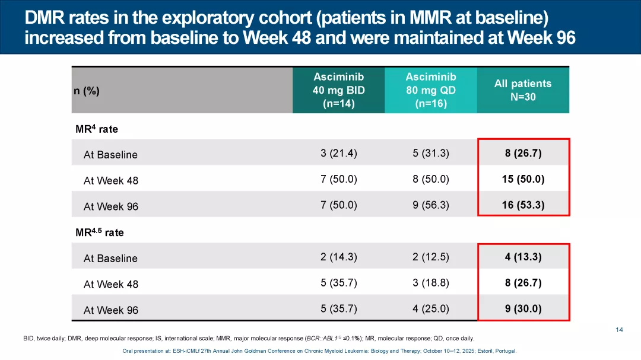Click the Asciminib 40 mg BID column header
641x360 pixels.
[338, 90]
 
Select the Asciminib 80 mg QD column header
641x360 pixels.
[430, 90]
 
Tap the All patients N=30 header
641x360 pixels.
[522, 90]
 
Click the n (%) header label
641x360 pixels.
[87, 91]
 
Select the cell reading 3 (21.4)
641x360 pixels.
[338, 154]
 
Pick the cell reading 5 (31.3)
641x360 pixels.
[430, 154]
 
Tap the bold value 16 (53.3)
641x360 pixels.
[522, 205]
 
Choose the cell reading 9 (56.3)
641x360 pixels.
[430, 205]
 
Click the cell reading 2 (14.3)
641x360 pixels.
[338, 257]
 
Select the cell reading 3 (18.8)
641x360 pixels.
[430, 283]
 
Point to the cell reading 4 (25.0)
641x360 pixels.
[430, 309]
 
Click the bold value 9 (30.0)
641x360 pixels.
[522, 309]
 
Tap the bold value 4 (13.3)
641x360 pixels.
[522, 257]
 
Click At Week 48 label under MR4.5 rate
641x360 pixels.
[111, 284]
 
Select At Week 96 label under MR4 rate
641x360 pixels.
[111, 206]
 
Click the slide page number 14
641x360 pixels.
[619, 330]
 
